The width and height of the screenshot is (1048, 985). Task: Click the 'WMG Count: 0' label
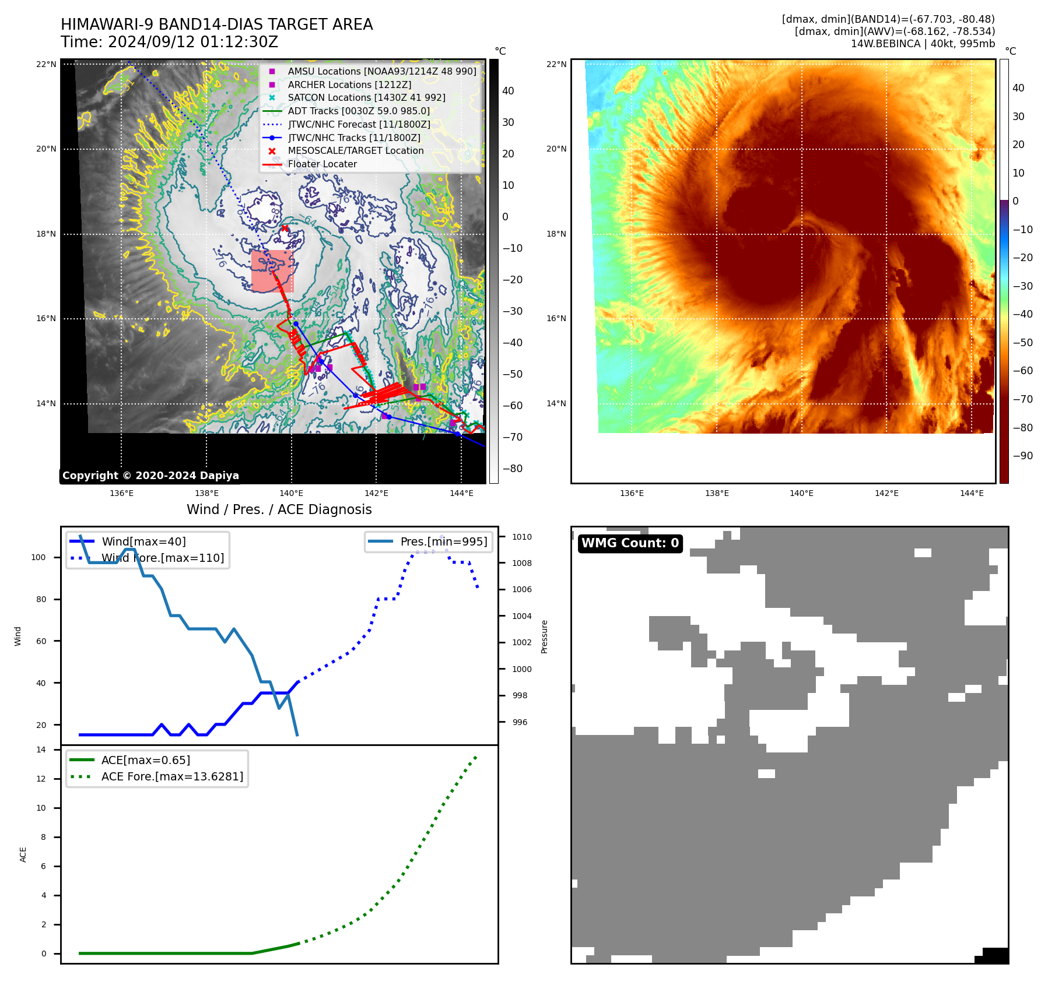[x=630, y=543]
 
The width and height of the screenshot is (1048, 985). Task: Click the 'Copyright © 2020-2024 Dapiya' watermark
[x=150, y=476]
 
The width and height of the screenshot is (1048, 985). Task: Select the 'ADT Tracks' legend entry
[x=358, y=111]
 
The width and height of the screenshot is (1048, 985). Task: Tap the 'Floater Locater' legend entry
[x=322, y=164]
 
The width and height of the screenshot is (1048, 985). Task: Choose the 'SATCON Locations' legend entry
[x=366, y=98]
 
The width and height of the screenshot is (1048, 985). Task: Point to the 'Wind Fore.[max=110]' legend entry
[x=162, y=558]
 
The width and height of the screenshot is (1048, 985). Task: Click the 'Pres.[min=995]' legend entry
[x=443, y=541]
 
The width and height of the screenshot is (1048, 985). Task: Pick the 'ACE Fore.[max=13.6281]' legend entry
[x=172, y=776]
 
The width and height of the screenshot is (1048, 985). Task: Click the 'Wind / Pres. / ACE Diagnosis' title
[x=279, y=509]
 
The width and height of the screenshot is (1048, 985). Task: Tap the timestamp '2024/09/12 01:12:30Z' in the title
[x=193, y=43]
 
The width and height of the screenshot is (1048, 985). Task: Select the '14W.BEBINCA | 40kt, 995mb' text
[x=923, y=44]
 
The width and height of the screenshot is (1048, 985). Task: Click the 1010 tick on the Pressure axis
[x=522, y=537]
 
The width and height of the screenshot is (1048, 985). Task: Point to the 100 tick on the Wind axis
[x=38, y=557]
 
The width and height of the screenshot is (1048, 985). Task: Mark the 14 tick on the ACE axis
[x=41, y=750]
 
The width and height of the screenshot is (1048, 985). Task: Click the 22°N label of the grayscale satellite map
[x=46, y=64]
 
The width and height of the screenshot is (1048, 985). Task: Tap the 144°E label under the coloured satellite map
[x=972, y=493]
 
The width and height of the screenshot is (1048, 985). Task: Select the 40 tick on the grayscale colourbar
[x=508, y=91]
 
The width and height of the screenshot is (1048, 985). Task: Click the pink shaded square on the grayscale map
[x=272, y=271]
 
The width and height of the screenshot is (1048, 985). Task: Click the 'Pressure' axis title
[x=544, y=636]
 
